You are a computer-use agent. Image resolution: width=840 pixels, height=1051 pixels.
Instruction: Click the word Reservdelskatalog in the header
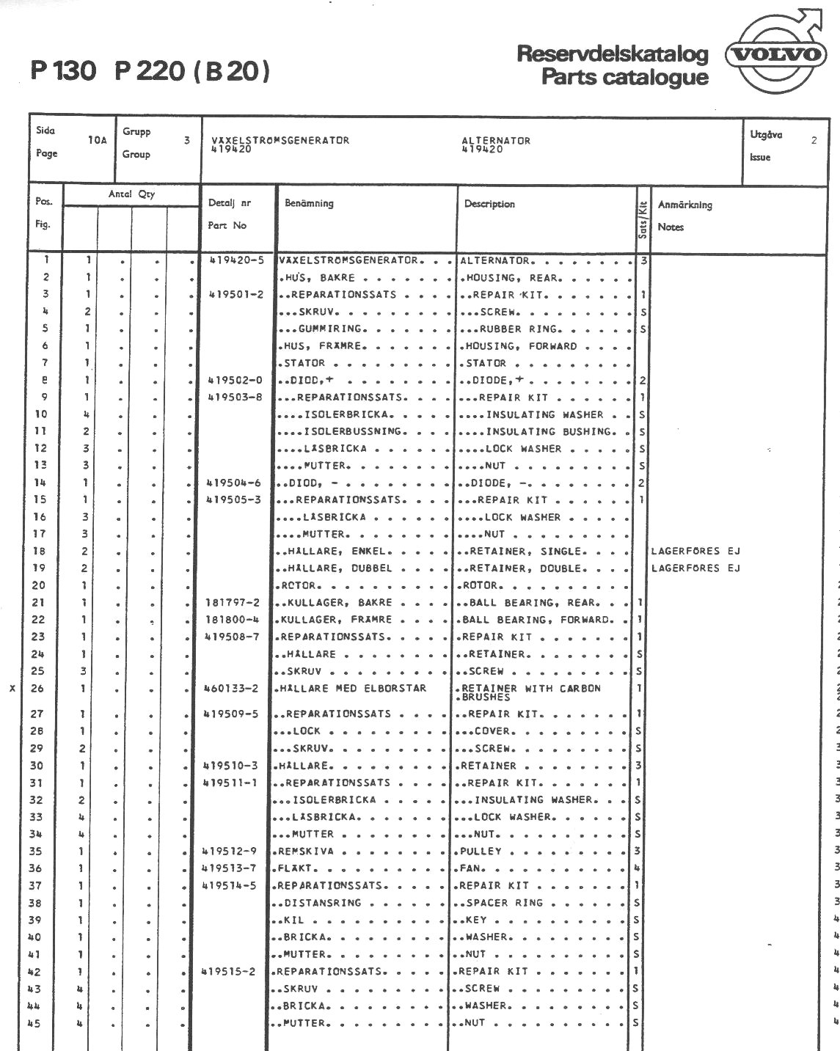point(613,54)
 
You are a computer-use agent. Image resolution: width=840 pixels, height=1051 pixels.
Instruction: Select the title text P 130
point(63,71)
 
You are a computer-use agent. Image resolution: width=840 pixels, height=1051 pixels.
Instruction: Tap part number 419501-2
point(236,295)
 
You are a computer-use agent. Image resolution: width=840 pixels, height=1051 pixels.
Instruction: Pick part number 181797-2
point(233,603)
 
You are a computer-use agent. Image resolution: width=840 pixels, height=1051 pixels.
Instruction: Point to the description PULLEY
point(481,852)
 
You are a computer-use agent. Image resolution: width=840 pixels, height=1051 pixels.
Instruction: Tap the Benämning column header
point(309,203)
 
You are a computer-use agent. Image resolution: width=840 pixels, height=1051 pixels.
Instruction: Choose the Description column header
point(489,204)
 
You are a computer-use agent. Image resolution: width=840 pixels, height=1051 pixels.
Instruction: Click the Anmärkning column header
point(684,205)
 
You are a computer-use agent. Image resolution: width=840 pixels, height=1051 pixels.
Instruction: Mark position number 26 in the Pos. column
point(38,689)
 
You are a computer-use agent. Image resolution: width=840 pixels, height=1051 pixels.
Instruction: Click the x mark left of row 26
point(12,689)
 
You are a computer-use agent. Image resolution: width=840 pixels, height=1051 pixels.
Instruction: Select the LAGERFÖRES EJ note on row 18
point(695,552)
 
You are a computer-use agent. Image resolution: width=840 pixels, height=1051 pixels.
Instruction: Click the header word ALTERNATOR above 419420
point(496,140)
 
